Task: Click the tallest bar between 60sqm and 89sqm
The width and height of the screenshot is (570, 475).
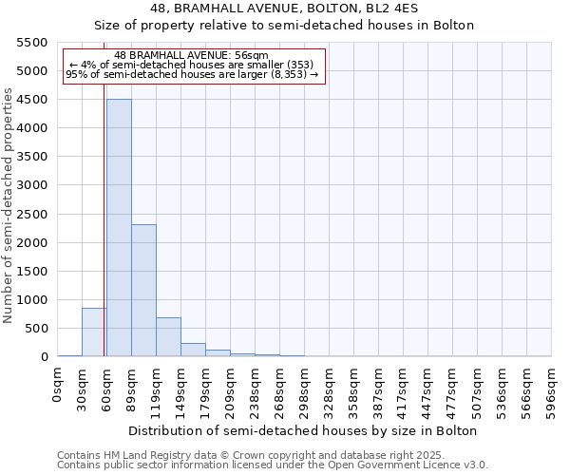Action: [x=119, y=228]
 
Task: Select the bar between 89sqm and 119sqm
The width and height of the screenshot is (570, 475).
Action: [x=143, y=290]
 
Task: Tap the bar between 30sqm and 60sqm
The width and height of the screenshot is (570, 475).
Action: [x=94, y=332]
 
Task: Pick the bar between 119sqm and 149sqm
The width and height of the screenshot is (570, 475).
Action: [x=168, y=337]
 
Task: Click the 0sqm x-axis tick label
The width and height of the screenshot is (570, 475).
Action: [x=58, y=386]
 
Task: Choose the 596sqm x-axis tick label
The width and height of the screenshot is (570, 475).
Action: [x=551, y=391]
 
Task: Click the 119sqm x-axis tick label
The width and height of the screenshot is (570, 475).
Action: [x=156, y=391]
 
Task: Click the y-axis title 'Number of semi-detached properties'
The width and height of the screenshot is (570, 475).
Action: [x=9, y=205]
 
